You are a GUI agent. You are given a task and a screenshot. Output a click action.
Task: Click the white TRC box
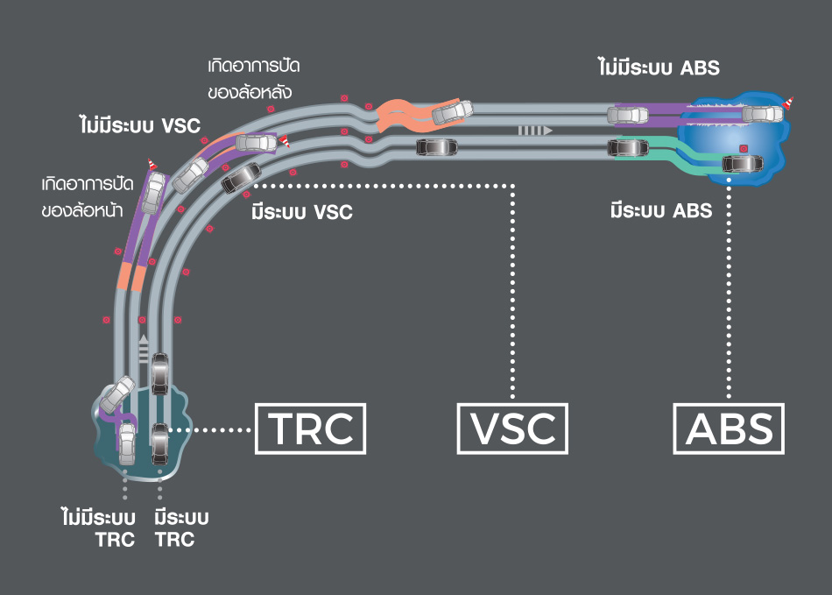pyautogui.click(x=309, y=429)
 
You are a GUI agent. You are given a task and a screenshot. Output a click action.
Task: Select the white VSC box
pyautogui.click(x=512, y=429)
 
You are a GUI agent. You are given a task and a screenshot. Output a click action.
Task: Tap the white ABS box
pyautogui.click(x=730, y=429)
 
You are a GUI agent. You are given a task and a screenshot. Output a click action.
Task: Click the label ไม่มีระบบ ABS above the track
pyautogui.click(x=659, y=67)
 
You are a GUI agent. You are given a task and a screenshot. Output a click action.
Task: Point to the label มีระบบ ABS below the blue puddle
pyautogui.click(x=660, y=211)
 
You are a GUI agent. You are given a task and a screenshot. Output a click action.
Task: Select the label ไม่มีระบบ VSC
pyautogui.click(x=139, y=125)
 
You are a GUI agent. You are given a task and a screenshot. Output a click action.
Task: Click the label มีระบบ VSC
pyautogui.click(x=301, y=211)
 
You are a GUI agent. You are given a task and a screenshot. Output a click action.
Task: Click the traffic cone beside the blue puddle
pyautogui.click(x=789, y=103)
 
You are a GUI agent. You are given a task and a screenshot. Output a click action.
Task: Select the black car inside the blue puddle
pyautogui.click(x=742, y=162)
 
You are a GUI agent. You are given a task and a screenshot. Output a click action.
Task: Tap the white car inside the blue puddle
pyautogui.click(x=763, y=113)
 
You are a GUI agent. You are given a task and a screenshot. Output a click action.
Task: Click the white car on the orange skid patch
pyautogui.click(x=452, y=111)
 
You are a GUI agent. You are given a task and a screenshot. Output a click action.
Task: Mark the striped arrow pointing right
pyautogui.click(x=533, y=130)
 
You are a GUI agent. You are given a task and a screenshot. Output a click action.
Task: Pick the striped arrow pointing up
pyautogui.click(x=144, y=346)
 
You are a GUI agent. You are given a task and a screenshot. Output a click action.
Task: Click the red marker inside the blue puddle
pyautogui.click(x=743, y=147)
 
